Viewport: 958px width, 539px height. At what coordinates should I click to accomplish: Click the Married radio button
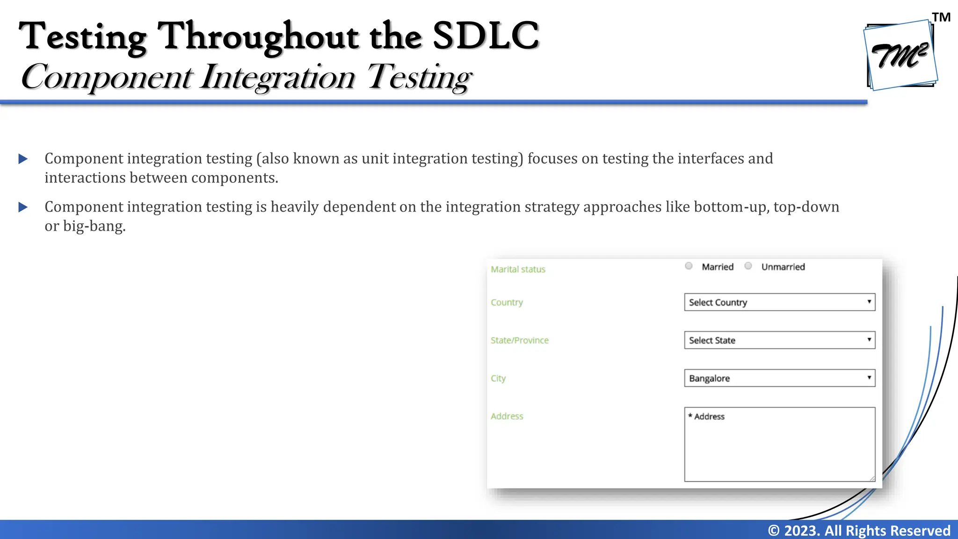(x=689, y=266)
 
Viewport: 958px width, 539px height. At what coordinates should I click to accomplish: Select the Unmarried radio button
(x=748, y=266)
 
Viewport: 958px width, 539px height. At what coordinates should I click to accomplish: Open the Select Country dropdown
(x=779, y=302)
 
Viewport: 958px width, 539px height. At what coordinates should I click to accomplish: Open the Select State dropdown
(x=779, y=340)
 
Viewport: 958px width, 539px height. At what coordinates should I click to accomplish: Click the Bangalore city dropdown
(x=779, y=378)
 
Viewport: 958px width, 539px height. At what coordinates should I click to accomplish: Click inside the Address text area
(x=779, y=449)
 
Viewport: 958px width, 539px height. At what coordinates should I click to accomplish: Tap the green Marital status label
(x=518, y=269)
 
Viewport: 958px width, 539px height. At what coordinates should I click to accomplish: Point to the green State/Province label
(x=519, y=341)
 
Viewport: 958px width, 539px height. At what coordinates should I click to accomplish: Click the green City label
(x=498, y=379)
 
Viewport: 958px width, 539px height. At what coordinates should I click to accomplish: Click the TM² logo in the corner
(x=900, y=55)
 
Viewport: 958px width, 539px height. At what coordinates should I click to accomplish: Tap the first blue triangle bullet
(x=23, y=159)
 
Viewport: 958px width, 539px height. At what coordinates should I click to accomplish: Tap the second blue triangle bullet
(x=23, y=207)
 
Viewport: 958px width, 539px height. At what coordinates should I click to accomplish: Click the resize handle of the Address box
(x=872, y=478)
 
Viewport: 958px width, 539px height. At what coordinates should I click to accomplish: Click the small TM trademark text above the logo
(x=941, y=17)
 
